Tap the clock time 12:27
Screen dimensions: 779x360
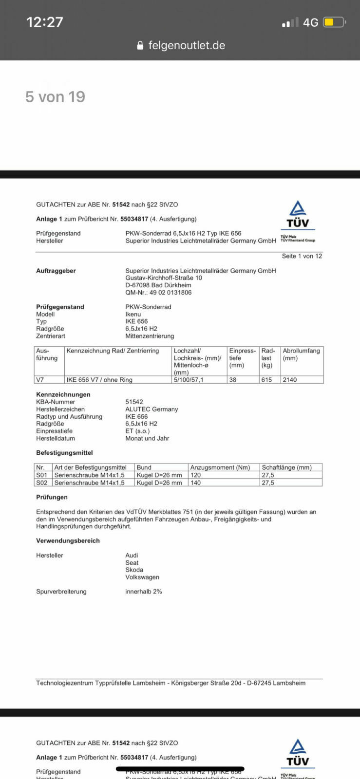click(x=45, y=22)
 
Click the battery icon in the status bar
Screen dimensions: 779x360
click(x=334, y=22)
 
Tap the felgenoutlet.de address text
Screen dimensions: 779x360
click(x=187, y=45)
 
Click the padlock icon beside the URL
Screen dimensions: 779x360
click(x=140, y=46)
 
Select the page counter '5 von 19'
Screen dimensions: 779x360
click(x=55, y=97)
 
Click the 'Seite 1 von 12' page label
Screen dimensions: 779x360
click(x=302, y=256)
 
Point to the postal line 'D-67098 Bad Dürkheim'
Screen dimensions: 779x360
click(x=158, y=285)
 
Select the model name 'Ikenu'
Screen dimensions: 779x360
click(x=133, y=314)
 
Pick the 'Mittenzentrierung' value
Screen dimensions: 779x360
click(x=150, y=336)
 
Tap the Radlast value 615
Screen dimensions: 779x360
click(x=266, y=380)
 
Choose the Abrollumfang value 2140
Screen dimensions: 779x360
click(x=289, y=380)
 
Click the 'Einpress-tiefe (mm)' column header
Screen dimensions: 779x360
click(x=242, y=358)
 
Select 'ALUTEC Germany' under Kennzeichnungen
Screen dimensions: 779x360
click(x=152, y=409)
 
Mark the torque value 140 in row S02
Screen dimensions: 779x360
click(x=195, y=483)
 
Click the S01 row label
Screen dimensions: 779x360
click(x=41, y=475)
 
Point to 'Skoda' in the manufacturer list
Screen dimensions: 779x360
click(x=134, y=570)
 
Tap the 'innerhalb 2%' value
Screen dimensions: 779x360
click(x=144, y=592)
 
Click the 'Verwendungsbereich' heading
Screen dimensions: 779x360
click(x=68, y=541)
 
